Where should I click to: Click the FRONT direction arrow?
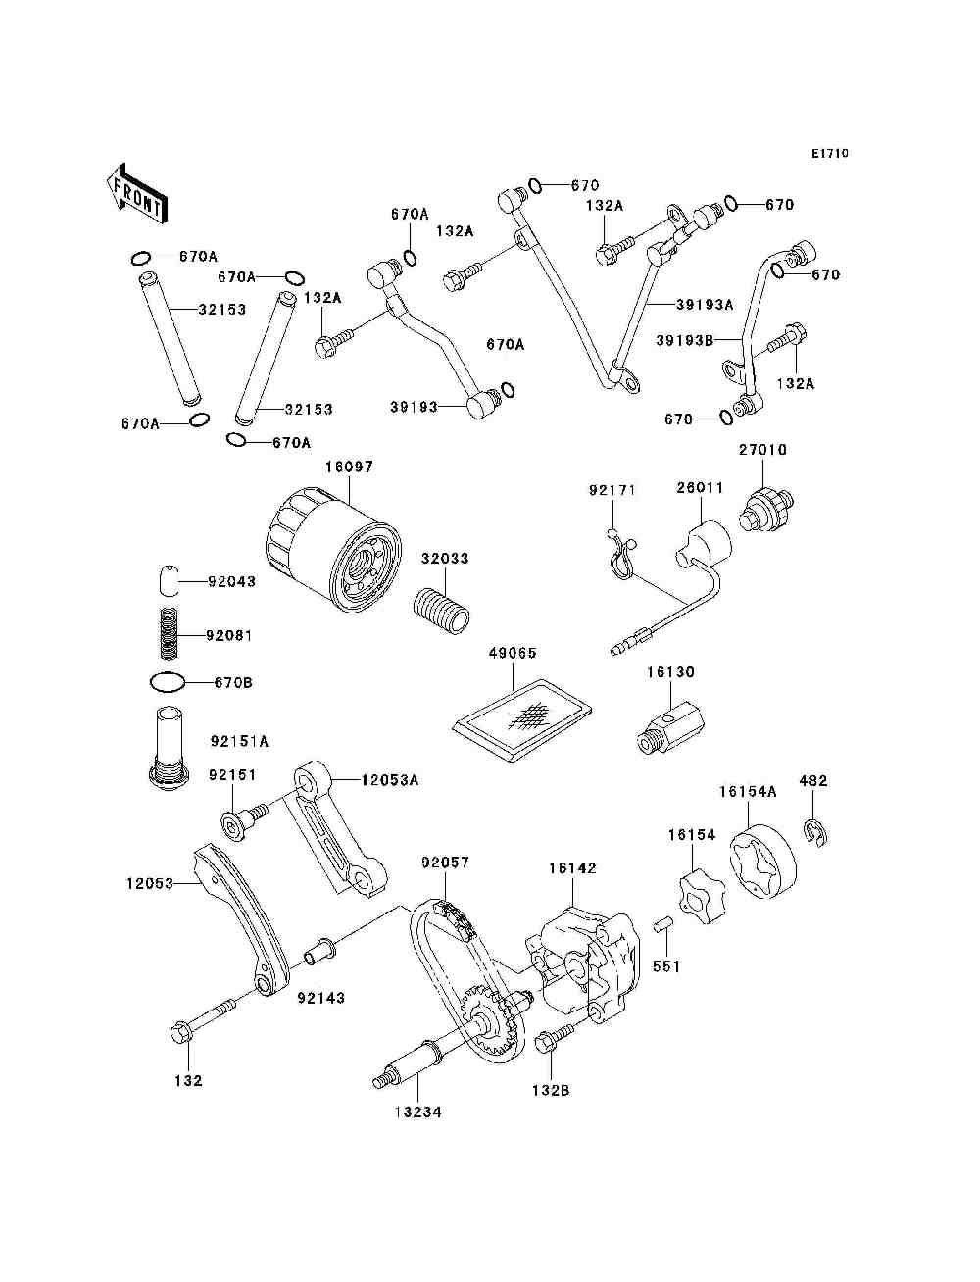coord(136,193)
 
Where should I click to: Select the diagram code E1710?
coord(829,154)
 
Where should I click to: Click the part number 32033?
coord(445,559)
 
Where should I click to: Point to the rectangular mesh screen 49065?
coord(522,720)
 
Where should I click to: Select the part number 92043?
coord(232,582)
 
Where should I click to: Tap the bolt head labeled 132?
coord(181,1032)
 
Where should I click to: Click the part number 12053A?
coord(389,780)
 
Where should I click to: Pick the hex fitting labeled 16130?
coord(669,725)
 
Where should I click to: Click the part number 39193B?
coord(684,340)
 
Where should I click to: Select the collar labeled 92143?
coord(320,954)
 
